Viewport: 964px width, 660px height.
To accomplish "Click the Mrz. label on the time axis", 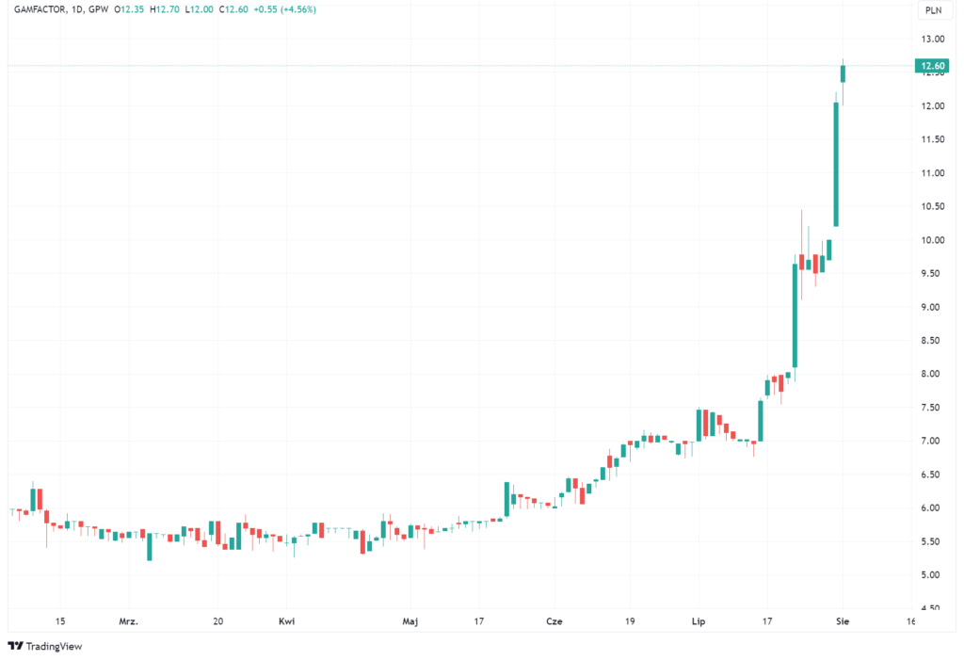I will (129, 621).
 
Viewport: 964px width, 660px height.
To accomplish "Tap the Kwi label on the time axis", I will (286, 621).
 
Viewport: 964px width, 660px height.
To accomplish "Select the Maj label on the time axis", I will (410, 621).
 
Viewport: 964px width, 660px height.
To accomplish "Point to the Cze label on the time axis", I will (554, 621).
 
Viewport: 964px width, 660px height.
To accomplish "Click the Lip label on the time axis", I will (699, 621).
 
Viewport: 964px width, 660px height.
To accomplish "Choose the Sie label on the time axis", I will (843, 621).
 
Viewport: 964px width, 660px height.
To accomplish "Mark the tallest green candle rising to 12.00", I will (836, 164).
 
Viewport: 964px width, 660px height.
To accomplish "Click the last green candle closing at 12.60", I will (843, 73).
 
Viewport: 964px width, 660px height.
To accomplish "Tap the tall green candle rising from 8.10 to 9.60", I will (795, 315).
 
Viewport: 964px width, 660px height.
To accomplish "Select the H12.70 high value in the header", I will (167, 9).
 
